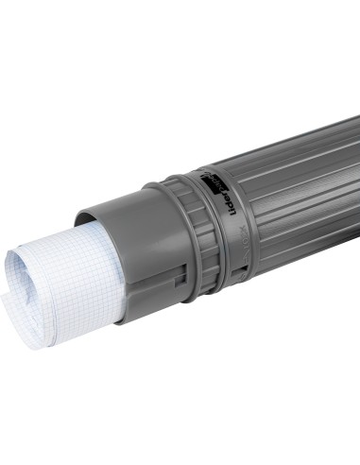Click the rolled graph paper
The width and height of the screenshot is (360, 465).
point(66,284)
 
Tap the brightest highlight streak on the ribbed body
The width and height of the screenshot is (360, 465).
point(283,165)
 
